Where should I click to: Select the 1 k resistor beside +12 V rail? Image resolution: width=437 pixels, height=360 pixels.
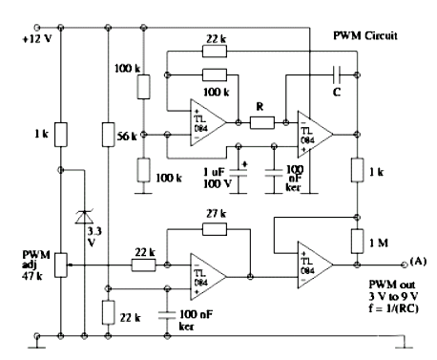[x=59, y=131]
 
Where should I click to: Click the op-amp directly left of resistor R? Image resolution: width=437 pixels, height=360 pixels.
[x=208, y=123]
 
